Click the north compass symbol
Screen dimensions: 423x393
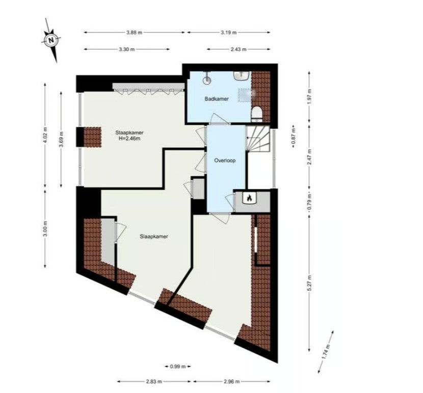pyautogui.click(x=51, y=40)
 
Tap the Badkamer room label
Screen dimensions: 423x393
pyautogui.click(x=217, y=99)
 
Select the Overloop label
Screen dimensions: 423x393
pyautogui.click(x=225, y=161)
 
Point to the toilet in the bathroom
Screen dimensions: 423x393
pyautogui.click(x=256, y=113)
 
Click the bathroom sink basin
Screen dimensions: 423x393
pyautogui.click(x=241, y=75)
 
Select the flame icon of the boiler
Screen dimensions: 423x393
pyautogui.click(x=249, y=198)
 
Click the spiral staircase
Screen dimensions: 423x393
pyautogui.click(x=258, y=139)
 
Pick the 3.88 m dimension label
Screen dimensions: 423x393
pyautogui.click(x=134, y=33)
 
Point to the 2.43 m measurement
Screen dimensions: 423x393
pyautogui.click(x=239, y=49)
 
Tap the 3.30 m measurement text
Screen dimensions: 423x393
pyautogui.click(x=126, y=49)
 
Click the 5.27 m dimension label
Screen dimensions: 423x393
pyautogui.click(x=309, y=283)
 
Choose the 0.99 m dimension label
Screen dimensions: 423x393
pyautogui.click(x=178, y=366)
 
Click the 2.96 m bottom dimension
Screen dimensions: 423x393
pyautogui.click(x=232, y=382)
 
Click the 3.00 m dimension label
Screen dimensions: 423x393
pyautogui.click(x=45, y=229)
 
